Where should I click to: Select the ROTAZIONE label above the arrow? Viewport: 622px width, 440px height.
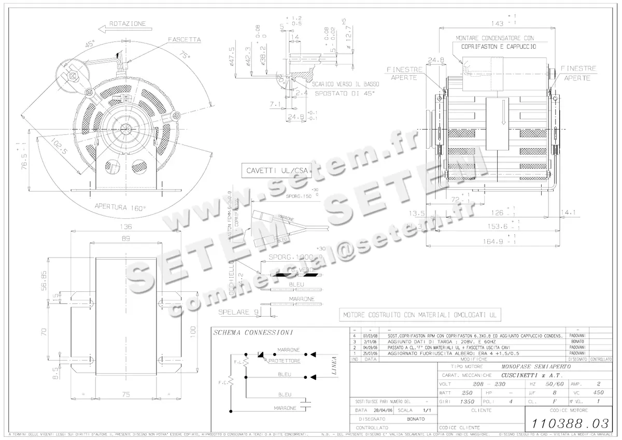[128, 23]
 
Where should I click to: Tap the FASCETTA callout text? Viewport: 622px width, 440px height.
[185, 39]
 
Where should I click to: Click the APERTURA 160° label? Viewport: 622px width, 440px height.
[120, 207]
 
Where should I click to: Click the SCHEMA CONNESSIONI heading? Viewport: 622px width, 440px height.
[253, 332]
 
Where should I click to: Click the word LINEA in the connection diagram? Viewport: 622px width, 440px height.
[334, 365]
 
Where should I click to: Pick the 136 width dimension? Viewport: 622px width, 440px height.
[125, 226]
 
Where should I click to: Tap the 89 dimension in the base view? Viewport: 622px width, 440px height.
[125, 239]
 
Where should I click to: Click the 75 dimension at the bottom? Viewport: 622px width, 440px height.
[125, 394]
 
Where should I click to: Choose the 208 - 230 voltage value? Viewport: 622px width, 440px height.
[475, 384]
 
